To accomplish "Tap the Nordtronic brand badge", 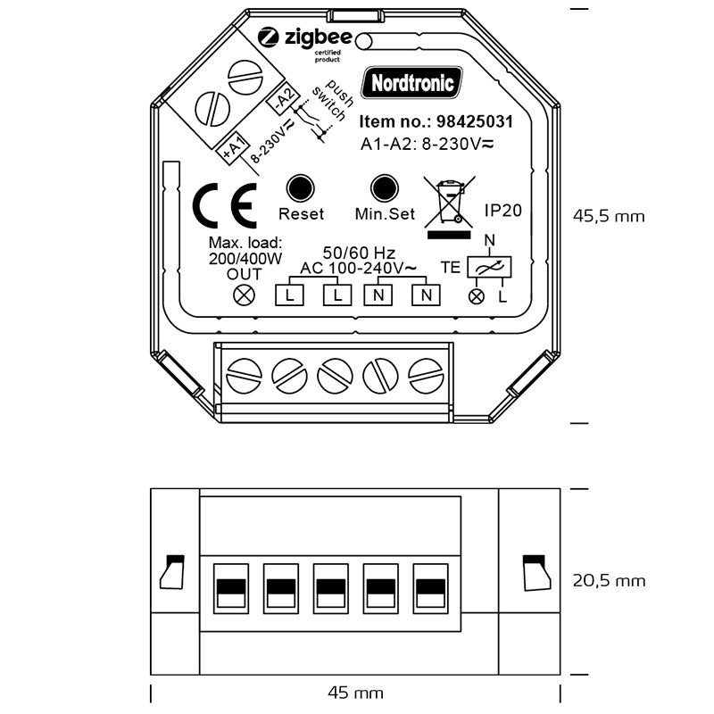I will pos(413,83).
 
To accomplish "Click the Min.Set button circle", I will pos(385,189).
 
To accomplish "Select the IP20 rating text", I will pos(502,210).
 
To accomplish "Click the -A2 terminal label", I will pos(281,99).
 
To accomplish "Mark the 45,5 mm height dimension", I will pos(608,216).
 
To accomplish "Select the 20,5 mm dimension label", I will pos(609,581).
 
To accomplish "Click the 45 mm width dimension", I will pos(355,693).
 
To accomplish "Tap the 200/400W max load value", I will pos(245,259).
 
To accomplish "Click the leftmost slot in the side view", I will pos(232,589).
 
